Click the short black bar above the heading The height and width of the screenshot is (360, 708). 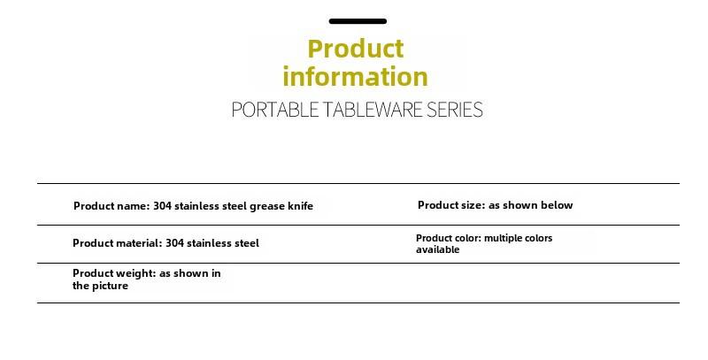click(x=358, y=21)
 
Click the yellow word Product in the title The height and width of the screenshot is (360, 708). click(x=356, y=49)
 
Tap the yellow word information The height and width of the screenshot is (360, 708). click(x=355, y=77)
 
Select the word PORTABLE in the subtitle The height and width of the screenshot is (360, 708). click(x=274, y=110)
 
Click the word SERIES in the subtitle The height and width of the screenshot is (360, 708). click(x=455, y=110)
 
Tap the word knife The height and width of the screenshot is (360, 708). click(x=300, y=206)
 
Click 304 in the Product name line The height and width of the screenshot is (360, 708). click(x=162, y=206)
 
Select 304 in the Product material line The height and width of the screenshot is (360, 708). click(x=174, y=243)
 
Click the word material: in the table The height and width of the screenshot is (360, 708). click(x=139, y=243)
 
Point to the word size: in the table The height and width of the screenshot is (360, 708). click(x=472, y=205)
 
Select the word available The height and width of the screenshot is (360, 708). click(x=437, y=249)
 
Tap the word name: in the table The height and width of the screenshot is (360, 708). click(x=133, y=206)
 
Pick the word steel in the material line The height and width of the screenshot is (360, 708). click(x=247, y=243)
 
